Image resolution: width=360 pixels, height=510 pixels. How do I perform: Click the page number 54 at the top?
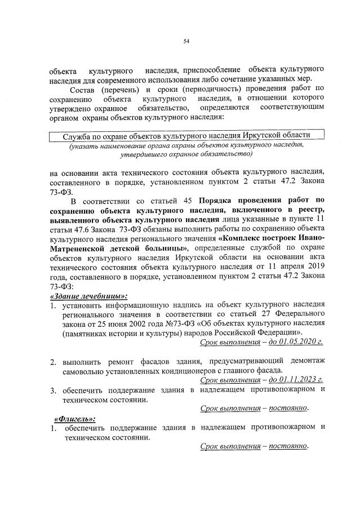[x=186, y=41]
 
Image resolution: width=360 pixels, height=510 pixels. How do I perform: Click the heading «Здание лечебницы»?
[x=88, y=296]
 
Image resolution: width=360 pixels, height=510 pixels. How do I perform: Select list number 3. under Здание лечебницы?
[x=52, y=389]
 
